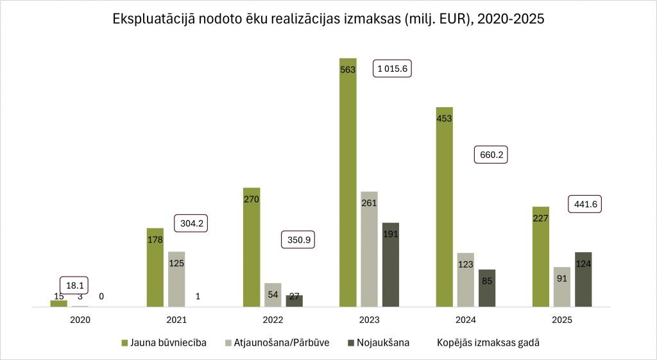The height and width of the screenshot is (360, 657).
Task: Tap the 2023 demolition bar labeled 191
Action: tap(391, 265)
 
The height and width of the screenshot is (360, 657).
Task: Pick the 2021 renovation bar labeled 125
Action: tap(176, 279)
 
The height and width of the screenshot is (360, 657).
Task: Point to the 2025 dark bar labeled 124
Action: tap(583, 280)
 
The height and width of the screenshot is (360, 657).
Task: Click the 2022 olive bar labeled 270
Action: tap(252, 248)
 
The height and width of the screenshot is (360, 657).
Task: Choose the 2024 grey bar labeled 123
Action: tap(466, 280)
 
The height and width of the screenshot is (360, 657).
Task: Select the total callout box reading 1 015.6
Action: tap(392, 69)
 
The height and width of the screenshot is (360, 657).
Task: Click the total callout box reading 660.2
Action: tap(491, 155)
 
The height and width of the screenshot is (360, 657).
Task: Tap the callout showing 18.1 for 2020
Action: tap(75, 285)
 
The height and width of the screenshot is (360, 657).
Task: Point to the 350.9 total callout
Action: tap(298, 240)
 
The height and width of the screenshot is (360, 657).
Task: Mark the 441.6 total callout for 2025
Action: tap(586, 204)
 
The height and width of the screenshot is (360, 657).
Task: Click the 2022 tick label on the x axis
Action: tap(273, 319)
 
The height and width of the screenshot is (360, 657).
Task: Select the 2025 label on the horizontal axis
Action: tap(562, 319)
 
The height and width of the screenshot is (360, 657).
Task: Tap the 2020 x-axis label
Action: tap(80, 319)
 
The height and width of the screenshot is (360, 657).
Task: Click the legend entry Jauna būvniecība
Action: tap(164, 343)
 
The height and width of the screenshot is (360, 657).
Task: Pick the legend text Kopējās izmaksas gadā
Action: tap(488, 343)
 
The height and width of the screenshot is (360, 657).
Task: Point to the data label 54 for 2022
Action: tap(273, 294)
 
